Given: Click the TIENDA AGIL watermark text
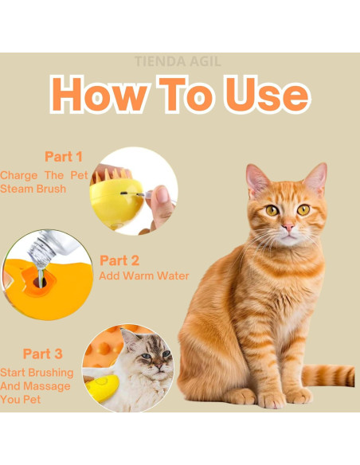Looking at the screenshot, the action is point(178,61).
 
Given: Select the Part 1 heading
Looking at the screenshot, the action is point(64,156).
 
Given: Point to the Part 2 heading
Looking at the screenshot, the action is point(119,260).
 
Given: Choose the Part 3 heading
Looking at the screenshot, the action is point(43,354).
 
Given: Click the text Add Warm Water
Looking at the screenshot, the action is point(144,275).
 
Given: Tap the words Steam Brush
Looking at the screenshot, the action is point(33,189).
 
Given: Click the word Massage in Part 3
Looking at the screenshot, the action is point(47,386).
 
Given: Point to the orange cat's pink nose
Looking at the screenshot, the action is point(288,228).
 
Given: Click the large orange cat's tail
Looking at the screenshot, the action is point(328,376).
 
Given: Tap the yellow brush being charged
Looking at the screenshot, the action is point(115,199).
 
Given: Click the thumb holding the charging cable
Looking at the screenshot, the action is point(160,199).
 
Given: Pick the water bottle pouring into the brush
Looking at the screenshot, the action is point(50,248).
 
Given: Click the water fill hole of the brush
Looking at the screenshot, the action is point(40,282).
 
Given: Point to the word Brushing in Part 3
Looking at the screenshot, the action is point(51,373).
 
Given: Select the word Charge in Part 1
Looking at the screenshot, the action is point(18,175).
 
